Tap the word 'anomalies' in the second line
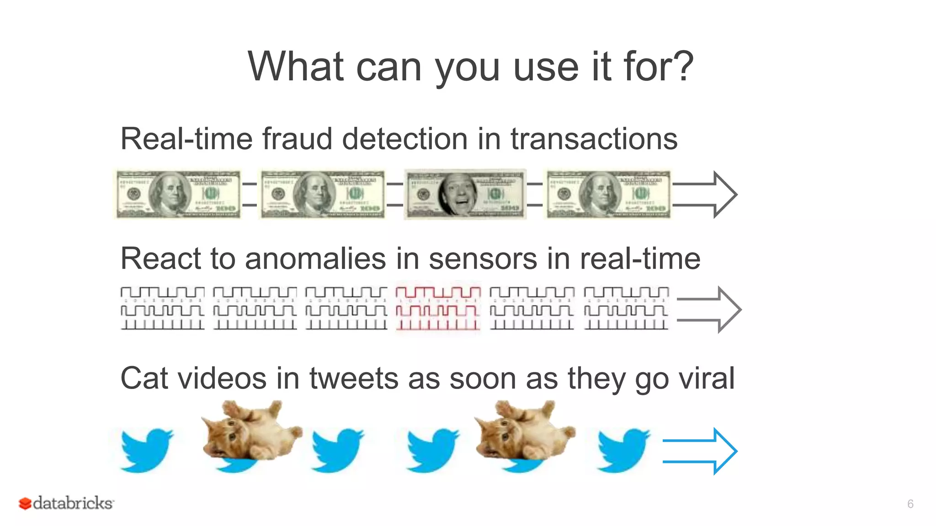click(315, 259)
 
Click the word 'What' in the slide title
click(296, 67)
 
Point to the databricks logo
click(66, 503)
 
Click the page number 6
click(910, 504)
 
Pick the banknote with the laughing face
click(465, 195)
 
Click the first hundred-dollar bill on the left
click(178, 195)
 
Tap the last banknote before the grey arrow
click(609, 195)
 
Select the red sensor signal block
click(438, 308)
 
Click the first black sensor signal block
click(162, 308)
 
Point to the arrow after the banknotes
click(705, 195)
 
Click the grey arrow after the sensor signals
click(709, 310)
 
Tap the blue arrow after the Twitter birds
click(700, 451)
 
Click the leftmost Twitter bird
click(146, 450)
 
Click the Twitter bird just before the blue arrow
click(623, 450)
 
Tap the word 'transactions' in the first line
click(594, 139)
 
